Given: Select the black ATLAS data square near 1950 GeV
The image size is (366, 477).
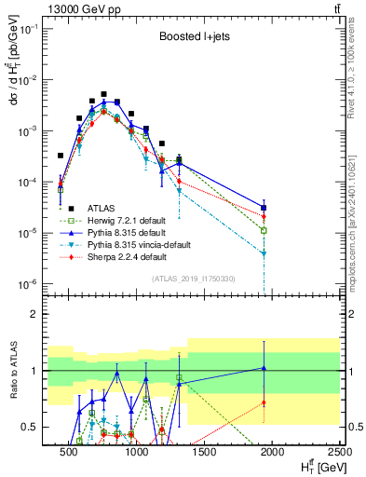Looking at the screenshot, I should [264, 208].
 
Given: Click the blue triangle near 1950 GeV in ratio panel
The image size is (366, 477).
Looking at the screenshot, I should [264, 368].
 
